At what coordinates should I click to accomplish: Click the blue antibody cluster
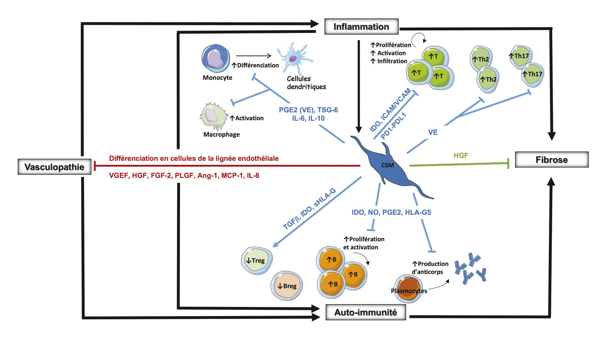(x=472, y=270)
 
